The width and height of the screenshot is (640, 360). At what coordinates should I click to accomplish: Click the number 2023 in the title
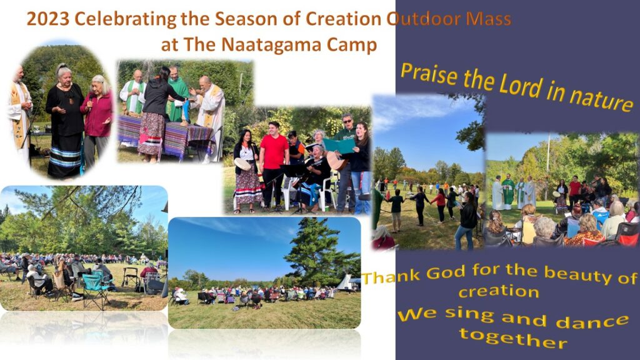(47, 19)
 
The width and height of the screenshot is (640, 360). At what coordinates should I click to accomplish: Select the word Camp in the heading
(351, 45)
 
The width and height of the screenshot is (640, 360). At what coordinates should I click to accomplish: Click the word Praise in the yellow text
(429, 74)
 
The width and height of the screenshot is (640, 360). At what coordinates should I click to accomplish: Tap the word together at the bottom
(513, 338)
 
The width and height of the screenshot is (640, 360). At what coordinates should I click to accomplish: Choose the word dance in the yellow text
(592, 321)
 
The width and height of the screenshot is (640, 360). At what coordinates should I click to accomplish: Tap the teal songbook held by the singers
(338, 146)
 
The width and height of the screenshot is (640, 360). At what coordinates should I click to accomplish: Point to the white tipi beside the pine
(345, 282)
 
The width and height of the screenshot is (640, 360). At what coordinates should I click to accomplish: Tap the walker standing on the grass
(131, 277)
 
